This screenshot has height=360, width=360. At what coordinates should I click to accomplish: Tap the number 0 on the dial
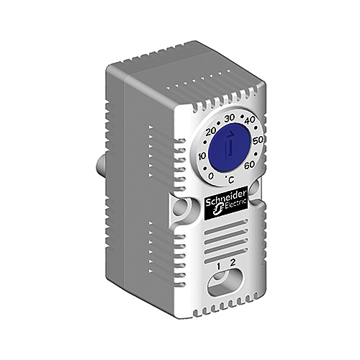tap(211, 176)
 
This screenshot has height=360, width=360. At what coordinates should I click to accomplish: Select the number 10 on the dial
tap(202, 156)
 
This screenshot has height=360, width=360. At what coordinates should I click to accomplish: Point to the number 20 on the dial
tap(211, 132)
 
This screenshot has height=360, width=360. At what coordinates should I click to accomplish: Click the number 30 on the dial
tap(229, 118)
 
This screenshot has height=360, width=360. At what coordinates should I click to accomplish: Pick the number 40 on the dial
tap(249, 120)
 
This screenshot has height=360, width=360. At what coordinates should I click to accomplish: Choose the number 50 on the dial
tap(258, 140)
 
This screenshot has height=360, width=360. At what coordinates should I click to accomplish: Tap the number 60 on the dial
tap(250, 165)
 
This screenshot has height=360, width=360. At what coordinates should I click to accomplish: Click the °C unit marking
tap(230, 179)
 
